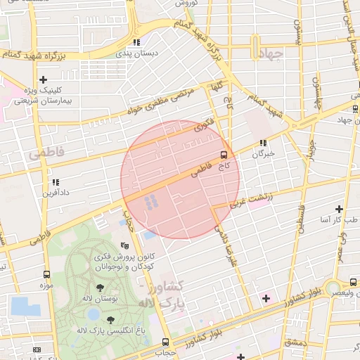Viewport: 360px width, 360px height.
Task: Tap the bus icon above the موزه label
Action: (x=46, y=275)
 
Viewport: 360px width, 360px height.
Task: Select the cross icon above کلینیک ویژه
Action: (x=44, y=80)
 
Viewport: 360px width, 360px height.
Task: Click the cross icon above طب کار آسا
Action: (x=340, y=209)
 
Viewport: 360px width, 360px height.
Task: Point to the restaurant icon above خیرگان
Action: (x=263, y=143)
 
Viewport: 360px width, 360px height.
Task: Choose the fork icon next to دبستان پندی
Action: (x=136, y=42)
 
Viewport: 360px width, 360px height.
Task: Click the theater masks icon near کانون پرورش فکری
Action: (x=124, y=245)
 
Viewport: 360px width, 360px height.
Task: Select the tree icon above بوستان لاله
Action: (x=100, y=288)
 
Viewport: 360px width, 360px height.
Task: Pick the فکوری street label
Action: (x=204, y=127)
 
